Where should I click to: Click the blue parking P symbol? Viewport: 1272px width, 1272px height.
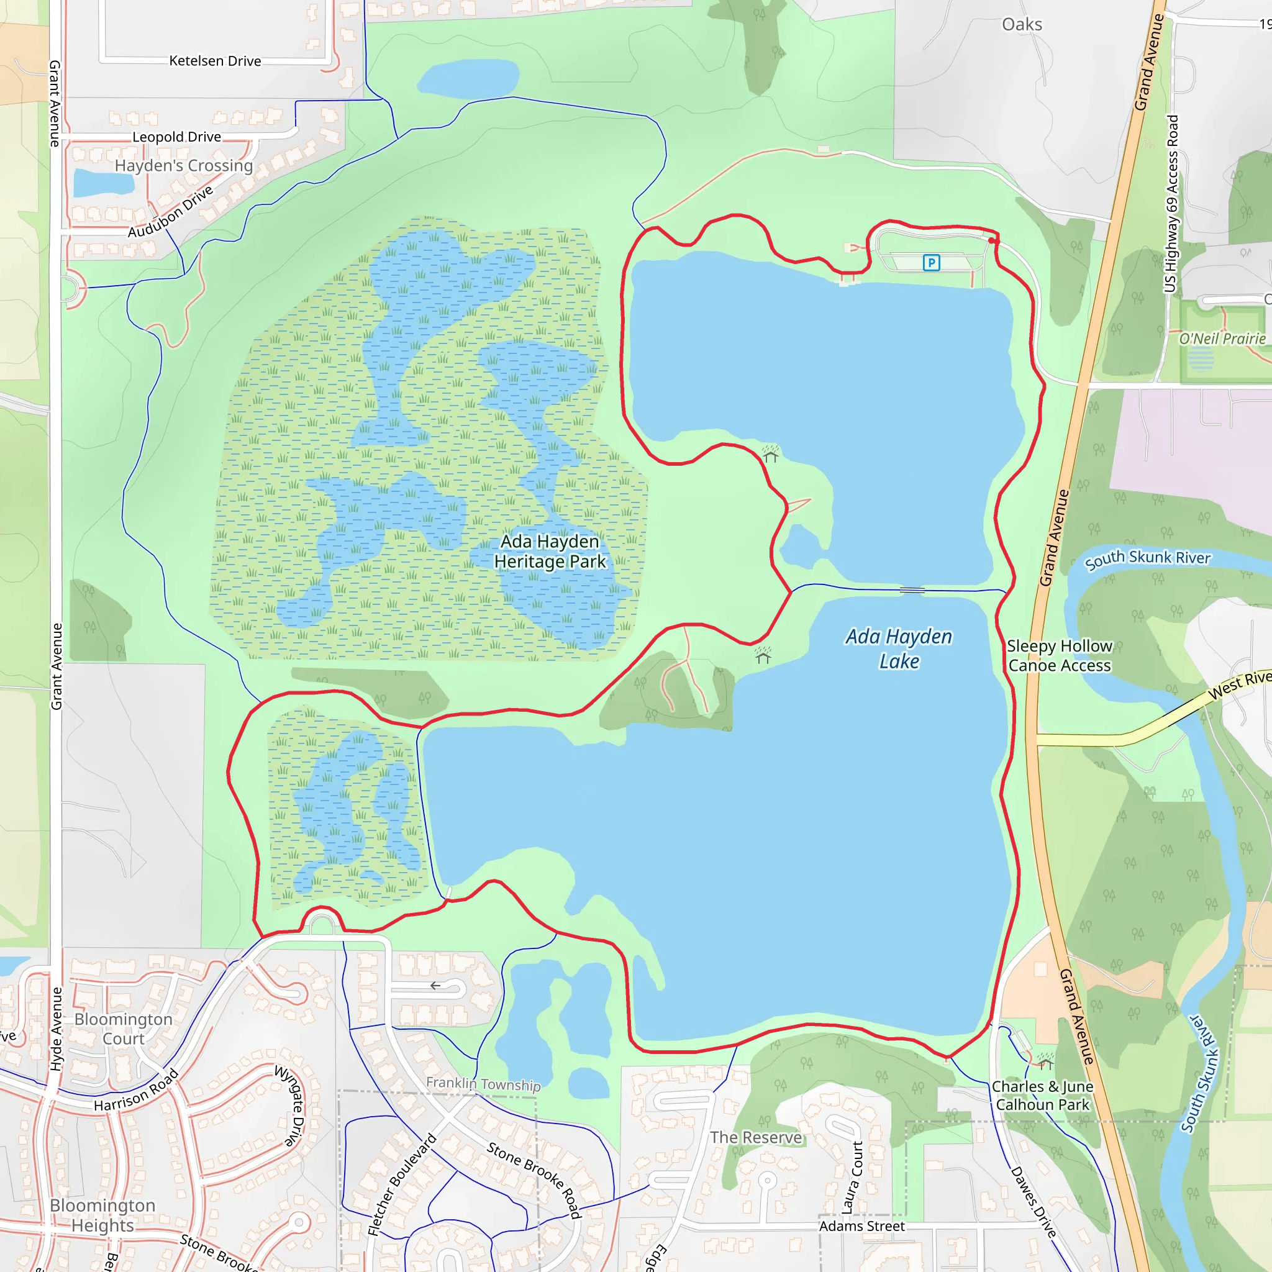tap(931, 263)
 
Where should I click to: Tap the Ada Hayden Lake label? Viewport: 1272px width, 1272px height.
tap(899, 648)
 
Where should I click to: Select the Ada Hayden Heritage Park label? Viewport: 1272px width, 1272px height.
tap(550, 552)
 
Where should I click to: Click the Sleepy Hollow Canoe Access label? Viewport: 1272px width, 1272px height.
tap(1059, 656)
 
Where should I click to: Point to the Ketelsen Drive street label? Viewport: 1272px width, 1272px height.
tap(215, 61)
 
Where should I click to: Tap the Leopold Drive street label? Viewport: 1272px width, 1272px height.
tap(176, 137)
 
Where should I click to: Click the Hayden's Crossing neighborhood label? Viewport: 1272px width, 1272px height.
tap(184, 165)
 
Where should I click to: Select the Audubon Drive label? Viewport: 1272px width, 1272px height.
tap(171, 212)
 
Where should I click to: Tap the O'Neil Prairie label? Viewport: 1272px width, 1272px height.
tap(1222, 339)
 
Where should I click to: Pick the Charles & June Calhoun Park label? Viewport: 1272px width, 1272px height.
tap(1042, 1096)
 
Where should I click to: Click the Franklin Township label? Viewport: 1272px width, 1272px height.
tap(483, 1084)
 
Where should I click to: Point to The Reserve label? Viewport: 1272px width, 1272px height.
tap(756, 1138)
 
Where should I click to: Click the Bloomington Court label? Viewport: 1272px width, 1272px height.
tap(123, 1029)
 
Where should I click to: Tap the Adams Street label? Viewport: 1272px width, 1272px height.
tap(861, 1226)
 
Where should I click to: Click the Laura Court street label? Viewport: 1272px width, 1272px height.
tap(853, 1178)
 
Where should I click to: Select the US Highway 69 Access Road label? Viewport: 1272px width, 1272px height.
tap(1171, 204)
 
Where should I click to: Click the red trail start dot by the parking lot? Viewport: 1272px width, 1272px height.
tap(992, 241)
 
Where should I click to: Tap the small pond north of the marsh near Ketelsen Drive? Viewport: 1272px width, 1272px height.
tap(468, 78)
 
